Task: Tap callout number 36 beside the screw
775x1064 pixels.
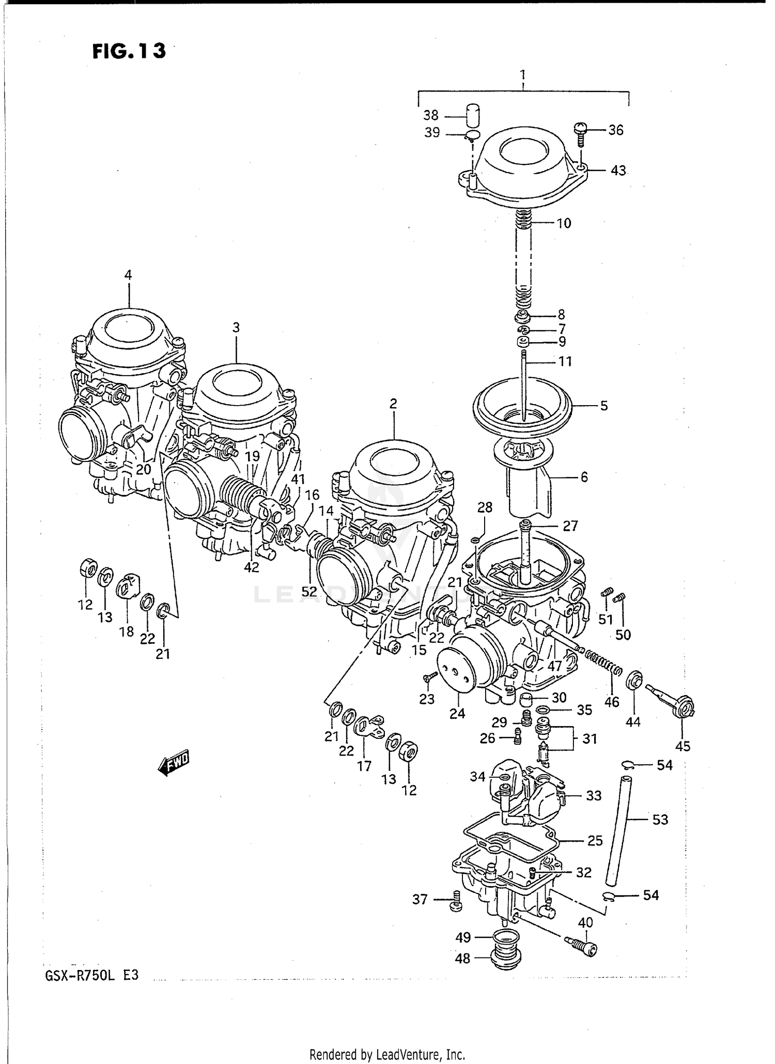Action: point(615,130)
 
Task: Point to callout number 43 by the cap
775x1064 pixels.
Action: point(618,171)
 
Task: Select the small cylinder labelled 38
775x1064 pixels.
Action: point(472,114)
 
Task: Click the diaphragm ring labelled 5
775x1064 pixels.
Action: point(522,403)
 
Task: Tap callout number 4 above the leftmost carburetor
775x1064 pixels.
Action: point(128,275)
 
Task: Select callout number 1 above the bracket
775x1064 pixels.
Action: point(523,74)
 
